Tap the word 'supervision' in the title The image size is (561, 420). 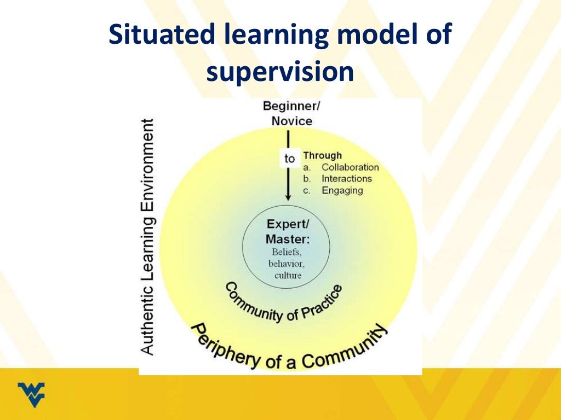tap(280, 72)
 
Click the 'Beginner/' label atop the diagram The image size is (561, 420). tap(291, 106)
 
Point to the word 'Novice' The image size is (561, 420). tap(291, 120)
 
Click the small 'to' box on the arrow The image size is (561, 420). tap(289, 159)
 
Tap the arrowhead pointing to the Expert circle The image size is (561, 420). tap(287, 197)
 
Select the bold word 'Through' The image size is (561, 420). tap(322, 155)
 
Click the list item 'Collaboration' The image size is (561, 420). tap(350, 167)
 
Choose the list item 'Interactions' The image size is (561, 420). tap(346, 179)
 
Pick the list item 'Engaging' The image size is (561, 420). tap(342, 190)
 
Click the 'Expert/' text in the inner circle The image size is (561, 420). tap(286, 224)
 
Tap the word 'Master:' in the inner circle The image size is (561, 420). tap(288, 239)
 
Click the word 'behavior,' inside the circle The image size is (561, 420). tap(287, 264)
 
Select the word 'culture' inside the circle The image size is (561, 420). tap(288, 275)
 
